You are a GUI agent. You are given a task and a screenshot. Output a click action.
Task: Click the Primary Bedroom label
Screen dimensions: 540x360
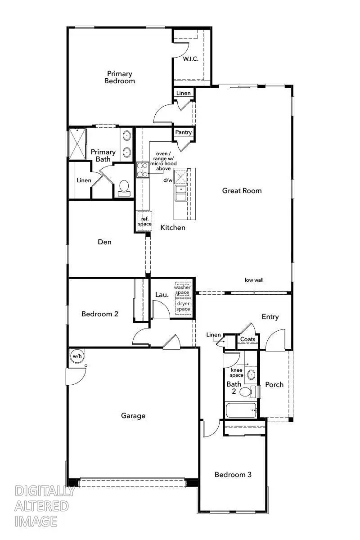point(119,77)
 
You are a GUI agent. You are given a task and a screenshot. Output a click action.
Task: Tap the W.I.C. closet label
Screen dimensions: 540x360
point(190,58)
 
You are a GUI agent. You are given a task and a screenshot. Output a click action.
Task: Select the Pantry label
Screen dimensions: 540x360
point(184,132)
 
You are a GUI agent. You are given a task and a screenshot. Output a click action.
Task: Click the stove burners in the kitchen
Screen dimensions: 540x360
point(142,170)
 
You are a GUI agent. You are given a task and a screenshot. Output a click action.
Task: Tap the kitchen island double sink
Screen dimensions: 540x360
point(181,193)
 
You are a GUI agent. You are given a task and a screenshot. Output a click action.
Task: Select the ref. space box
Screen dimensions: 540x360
point(144,221)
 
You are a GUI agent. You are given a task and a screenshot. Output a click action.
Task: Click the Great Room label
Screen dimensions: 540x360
point(242,190)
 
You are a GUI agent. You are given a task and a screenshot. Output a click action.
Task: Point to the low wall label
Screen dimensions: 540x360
point(254,280)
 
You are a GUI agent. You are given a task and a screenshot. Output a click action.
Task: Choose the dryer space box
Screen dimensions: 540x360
point(183,306)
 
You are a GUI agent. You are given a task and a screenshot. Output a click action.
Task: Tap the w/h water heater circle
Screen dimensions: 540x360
point(77,356)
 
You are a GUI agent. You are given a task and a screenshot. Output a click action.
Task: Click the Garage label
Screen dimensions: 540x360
point(133,415)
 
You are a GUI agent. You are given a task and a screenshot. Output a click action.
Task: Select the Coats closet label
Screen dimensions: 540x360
point(247,339)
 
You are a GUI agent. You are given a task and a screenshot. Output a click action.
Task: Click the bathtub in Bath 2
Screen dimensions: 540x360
point(241,410)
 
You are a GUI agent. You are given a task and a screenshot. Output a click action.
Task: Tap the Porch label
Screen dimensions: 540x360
point(274,384)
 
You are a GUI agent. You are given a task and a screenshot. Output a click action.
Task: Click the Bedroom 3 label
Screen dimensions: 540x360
point(233,474)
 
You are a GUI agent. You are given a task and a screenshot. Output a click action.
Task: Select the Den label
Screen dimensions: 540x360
point(104,242)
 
